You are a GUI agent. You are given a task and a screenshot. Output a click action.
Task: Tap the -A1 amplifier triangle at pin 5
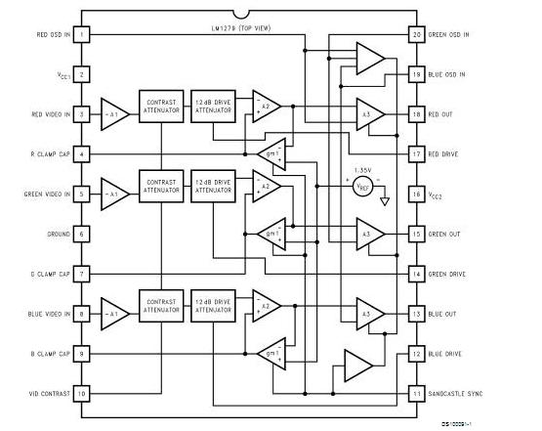coord(115,194)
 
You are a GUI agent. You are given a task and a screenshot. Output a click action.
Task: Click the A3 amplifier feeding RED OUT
coord(369,114)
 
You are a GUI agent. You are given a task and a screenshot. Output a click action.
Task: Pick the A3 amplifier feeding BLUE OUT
coord(369,314)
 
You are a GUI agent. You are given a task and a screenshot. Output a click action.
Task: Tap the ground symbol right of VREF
coord(387,201)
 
